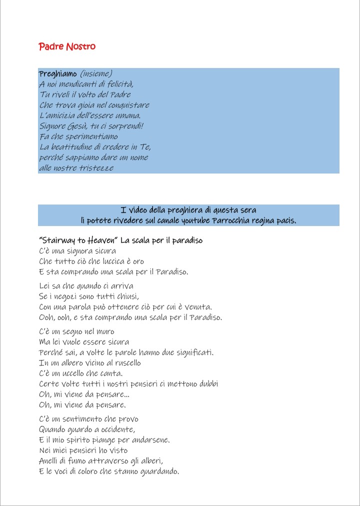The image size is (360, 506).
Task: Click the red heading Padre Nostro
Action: coord(67,46)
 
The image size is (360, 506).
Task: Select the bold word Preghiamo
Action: coord(57,74)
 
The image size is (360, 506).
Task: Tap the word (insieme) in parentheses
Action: coord(96,74)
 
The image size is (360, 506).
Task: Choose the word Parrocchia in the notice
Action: coord(232,220)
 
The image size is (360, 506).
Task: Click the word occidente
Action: coord(115,429)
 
